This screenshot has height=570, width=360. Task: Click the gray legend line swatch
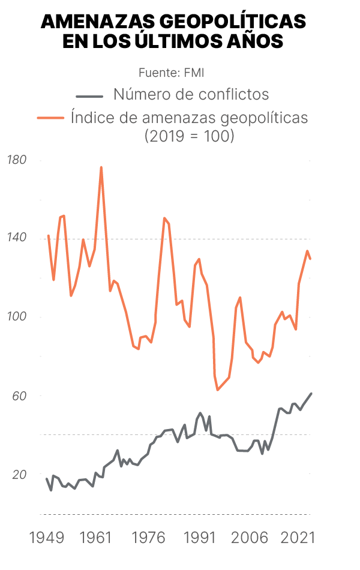point(89,95)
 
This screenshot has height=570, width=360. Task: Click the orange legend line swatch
point(50,118)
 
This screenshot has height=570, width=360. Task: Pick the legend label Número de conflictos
point(191,94)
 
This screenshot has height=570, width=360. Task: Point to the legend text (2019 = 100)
point(189,136)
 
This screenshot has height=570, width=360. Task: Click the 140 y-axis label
point(16,238)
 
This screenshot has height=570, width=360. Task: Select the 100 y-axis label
point(16,317)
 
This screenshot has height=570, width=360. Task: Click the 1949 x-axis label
point(47,538)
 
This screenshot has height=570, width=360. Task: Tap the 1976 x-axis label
point(149,538)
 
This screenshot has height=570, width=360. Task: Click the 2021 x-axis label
point(299,538)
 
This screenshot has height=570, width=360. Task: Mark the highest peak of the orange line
point(101,167)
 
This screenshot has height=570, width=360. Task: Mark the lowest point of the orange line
point(218,390)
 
